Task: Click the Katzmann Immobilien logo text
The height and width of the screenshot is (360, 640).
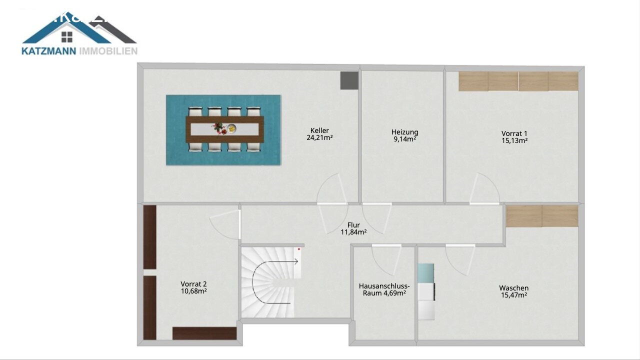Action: [79, 50]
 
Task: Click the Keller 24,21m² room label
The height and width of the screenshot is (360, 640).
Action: [319, 134]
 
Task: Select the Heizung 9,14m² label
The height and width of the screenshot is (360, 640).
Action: [404, 135]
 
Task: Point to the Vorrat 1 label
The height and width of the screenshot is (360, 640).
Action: [514, 137]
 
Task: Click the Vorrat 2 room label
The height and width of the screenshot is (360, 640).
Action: [193, 287]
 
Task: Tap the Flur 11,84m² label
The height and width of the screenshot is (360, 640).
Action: [353, 228]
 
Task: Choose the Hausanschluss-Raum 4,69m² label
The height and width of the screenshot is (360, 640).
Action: [384, 289]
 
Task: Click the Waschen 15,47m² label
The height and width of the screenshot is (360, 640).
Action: [513, 291]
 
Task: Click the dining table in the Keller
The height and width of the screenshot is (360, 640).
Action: [224, 129]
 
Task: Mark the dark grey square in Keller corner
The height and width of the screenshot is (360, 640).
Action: [349, 80]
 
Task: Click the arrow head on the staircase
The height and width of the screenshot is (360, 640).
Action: [296, 261]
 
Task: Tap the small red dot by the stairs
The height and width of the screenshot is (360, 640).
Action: [299, 248]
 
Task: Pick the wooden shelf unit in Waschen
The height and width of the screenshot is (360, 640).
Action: [542, 216]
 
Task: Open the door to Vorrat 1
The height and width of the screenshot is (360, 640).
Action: [484, 189]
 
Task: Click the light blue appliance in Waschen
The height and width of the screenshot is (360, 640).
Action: [426, 273]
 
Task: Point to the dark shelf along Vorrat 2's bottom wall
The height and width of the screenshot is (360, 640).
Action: [204, 333]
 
